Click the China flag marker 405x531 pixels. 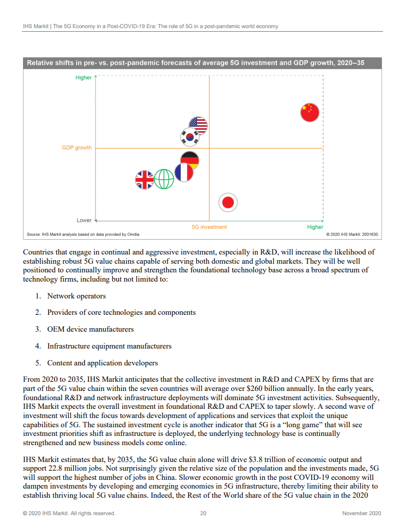click(309, 112)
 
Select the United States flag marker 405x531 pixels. click(198, 126)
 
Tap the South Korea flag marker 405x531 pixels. click(190, 137)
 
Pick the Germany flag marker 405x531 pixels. click(189, 160)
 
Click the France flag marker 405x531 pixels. click(184, 172)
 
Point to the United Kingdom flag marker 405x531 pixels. click(145, 179)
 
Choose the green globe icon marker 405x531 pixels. click(164, 179)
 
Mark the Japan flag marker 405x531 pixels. click(228, 202)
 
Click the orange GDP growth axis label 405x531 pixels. click(77, 148)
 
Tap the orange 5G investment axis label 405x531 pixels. click(209, 227)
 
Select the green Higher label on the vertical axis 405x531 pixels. click(84, 78)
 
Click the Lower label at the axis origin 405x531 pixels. click(84, 220)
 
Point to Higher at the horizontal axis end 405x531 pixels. click(315, 227)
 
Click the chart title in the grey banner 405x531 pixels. click(196, 63)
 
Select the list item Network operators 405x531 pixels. click(77, 296)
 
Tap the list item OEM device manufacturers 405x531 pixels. click(90, 329)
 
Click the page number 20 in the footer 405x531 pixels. click(203, 514)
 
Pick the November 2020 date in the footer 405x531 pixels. click(362, 514)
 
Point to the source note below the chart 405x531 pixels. click(83, 235)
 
